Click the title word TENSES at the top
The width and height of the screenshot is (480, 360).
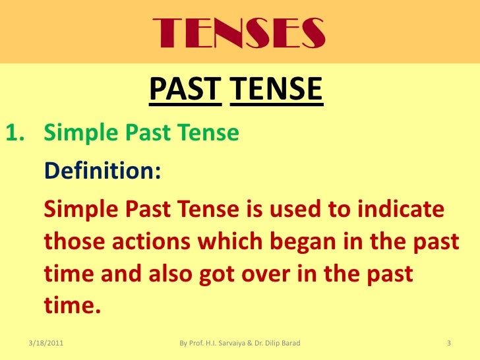238,30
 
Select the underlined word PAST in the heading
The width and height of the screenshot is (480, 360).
185,91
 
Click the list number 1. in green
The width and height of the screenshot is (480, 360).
17,133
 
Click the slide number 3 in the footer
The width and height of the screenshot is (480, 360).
448,343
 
